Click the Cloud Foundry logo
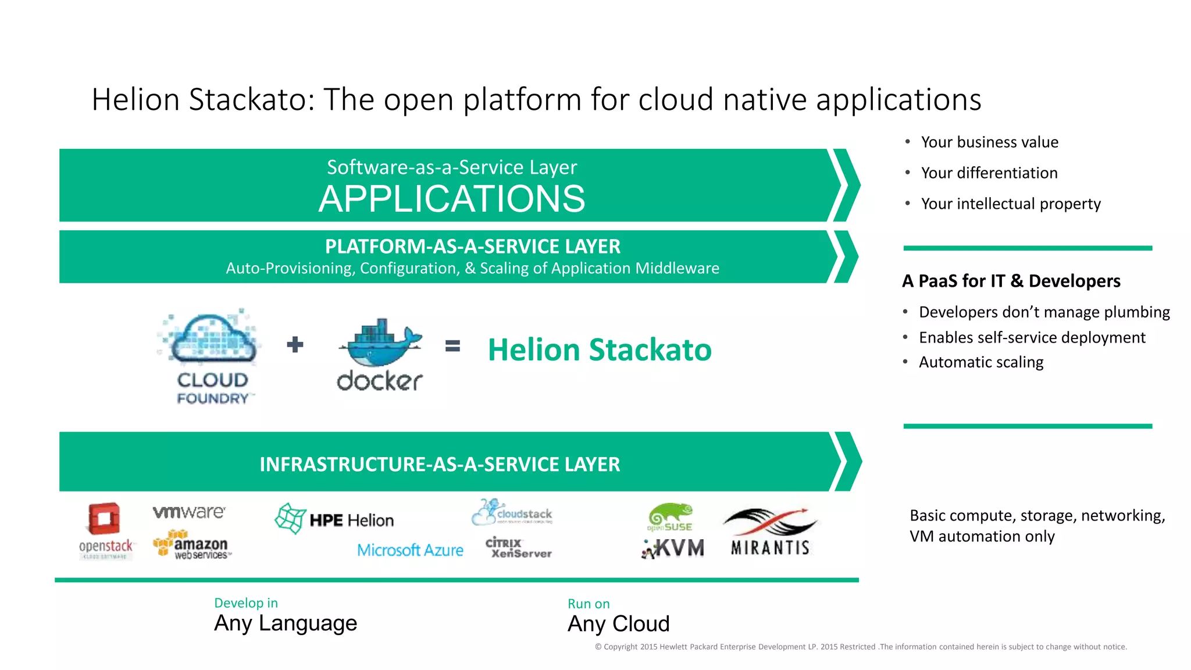coord(211,356)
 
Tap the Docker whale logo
coord(380,354)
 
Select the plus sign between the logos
coord(295,345)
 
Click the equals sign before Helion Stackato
coord(452,346)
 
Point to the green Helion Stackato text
coord(599,350)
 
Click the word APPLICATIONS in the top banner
coord(452,199)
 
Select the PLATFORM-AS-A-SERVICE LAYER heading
coord(472,247)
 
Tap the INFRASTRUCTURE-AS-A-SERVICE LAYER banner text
coord(440,464)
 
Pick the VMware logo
coord(189,512)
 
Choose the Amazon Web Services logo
coord(192,545)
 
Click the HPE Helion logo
coord(335,519)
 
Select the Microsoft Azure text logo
coord(410,550)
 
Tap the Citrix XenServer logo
coord(518,547)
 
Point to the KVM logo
coord(673,548)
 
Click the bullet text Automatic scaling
coord(980,362)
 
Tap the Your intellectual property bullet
coord(1010,204)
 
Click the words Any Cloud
coord(618,624)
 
